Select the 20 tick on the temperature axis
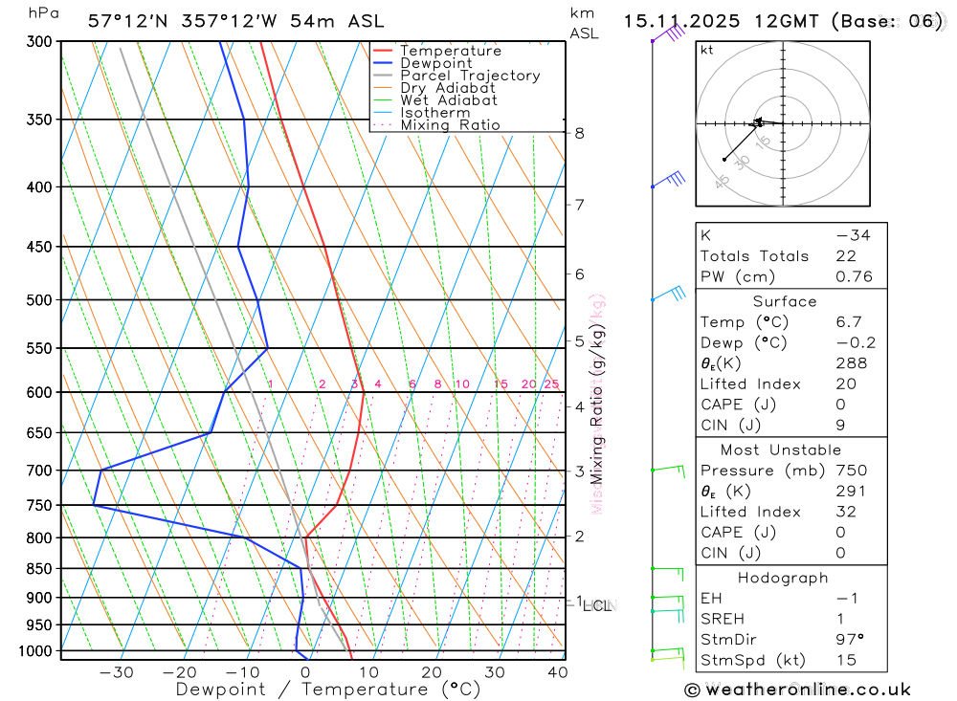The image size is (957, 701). point(431,672)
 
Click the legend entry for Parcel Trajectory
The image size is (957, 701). point(469,76)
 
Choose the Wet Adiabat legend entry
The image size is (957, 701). point(448,100)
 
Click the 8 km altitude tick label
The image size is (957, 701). point(579,134)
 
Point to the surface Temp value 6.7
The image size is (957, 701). point(848,322)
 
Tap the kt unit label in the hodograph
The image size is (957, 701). point(707,51)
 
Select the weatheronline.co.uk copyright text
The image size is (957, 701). point(796,690)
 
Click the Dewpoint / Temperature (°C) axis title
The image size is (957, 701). point(327,689)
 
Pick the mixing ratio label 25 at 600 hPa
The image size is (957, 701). point(551,384)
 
